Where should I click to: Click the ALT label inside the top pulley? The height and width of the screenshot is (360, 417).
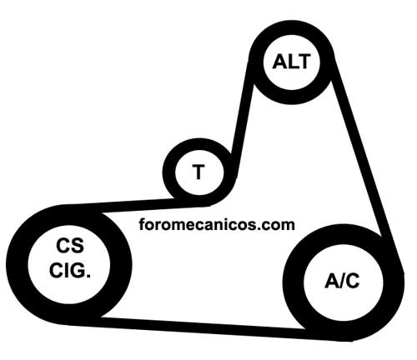tap(291, 62)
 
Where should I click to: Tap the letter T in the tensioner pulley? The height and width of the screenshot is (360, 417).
tap(198, 172)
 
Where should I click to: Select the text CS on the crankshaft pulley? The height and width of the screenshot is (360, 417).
tap(70, 246)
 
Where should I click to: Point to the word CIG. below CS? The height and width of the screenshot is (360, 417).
tap(70, 270)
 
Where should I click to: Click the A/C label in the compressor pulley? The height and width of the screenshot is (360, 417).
tap(342, 281)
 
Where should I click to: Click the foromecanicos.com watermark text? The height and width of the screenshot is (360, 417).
tap(217, 224)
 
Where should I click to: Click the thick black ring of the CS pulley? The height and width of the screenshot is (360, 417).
tap(17, 264)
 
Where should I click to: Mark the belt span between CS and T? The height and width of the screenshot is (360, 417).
tap(136, 207)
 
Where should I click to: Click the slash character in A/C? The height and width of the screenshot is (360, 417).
tap(342, 281)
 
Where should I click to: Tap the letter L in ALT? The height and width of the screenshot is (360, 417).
tap(293, 62)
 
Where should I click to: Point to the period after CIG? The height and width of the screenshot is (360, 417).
tap(88, 276)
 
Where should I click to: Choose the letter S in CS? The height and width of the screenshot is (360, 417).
tap(78, 246)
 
